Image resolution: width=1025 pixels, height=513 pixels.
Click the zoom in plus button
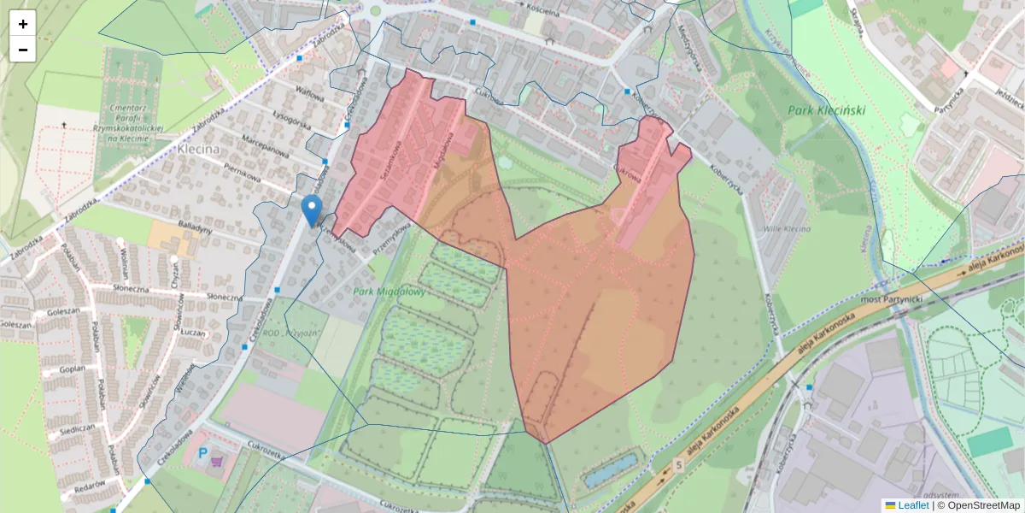[x=23, y=24]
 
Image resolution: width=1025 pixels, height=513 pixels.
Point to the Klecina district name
[x=199, y=149]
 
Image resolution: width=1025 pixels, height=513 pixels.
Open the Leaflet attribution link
[x=913, y=505]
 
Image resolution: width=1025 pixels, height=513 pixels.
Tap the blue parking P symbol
[x=202, y=451]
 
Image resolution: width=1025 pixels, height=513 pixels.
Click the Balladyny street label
[x=196, y=229]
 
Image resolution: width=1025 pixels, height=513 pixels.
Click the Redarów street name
[x=89, y=484]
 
